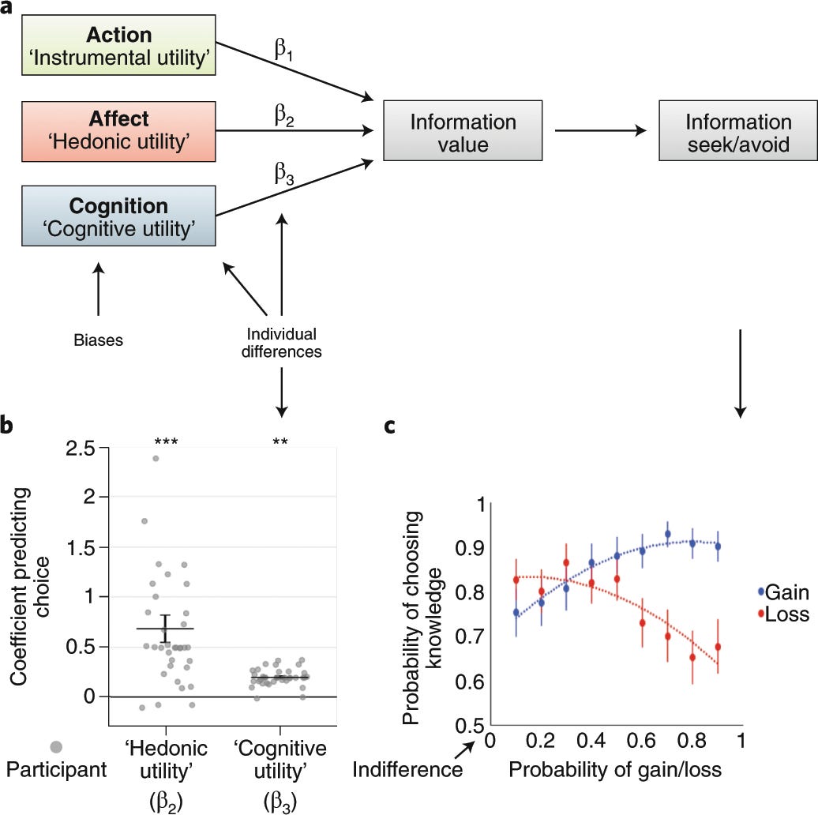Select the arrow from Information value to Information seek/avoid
click(x=600, y=133)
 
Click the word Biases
click(x=98, y=340)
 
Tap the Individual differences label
click(x=282, y=343)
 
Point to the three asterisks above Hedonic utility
click(x=166, y=443)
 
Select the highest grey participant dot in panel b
click(x=156, y=458)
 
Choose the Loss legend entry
click(x=782, y=614)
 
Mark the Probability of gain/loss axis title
click(x=616, y=768)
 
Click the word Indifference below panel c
click(x=407, y=768)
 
